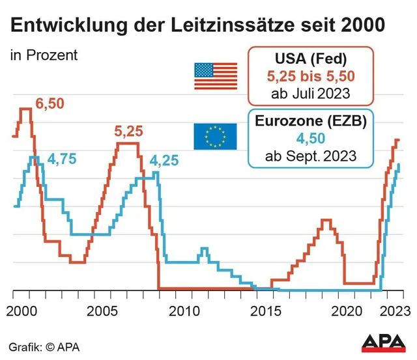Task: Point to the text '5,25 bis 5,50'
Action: (x=309, y=76)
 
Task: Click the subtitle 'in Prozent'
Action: (x=44, y=55)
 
